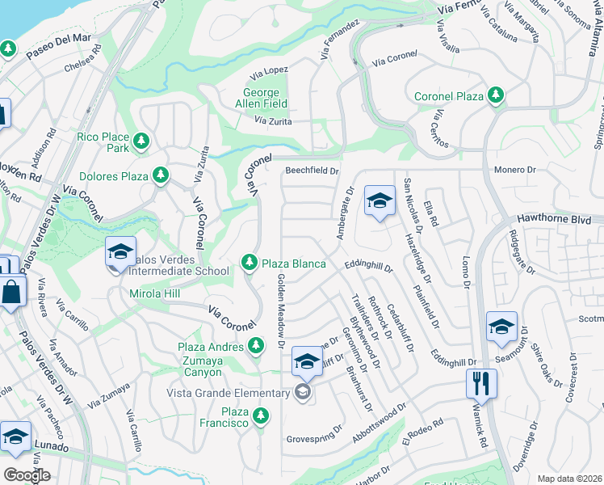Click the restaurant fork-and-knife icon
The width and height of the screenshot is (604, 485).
click(481, 383)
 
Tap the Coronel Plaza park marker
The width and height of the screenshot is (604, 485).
click(496, 96)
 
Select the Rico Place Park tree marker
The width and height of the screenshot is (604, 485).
click(141, 142)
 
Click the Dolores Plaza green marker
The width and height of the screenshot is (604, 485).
click(161, 175)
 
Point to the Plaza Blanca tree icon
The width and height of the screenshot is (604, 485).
click(250, 263)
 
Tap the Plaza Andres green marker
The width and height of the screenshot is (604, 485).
click(256, 347)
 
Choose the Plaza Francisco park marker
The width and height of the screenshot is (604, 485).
click(260, 416)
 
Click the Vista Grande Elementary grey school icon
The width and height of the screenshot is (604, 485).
click(303, 393)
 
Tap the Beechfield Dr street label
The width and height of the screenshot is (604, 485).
click(312, 171)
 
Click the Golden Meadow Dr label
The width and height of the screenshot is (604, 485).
click(281, 310)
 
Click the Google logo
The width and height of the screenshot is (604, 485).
click(27, 475)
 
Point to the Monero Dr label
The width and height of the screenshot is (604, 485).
click(515, 171)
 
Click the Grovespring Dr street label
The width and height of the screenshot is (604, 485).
click(315, 440)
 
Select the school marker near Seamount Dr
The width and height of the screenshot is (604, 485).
click(501, 327)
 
